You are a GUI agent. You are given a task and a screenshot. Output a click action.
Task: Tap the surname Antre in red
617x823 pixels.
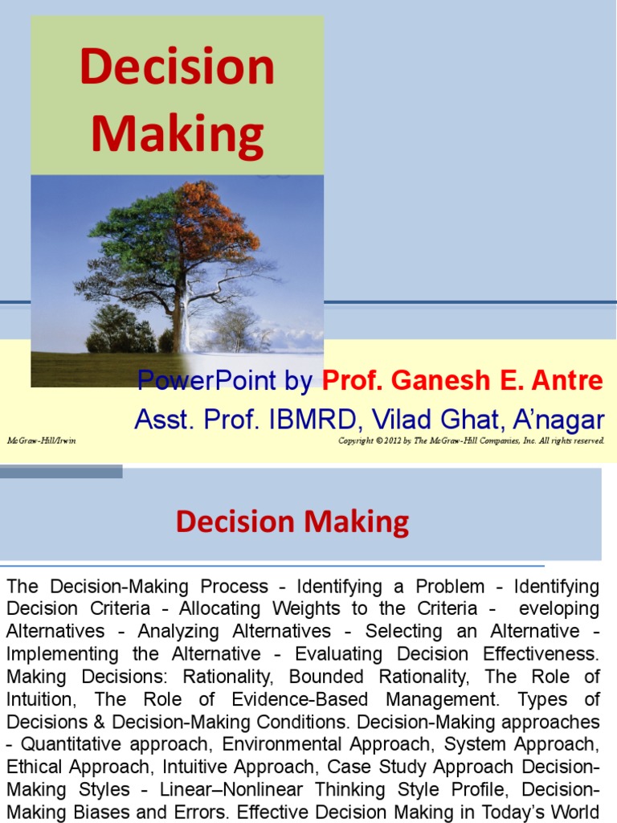click(x=566, y=380)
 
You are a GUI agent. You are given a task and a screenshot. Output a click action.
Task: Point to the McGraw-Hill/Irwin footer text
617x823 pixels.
click(x=41, y=441)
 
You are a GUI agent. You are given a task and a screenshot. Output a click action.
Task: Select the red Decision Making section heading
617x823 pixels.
click(x=292, y=522)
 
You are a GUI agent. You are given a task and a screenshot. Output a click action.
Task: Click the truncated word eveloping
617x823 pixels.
click(x=560, y=608)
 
